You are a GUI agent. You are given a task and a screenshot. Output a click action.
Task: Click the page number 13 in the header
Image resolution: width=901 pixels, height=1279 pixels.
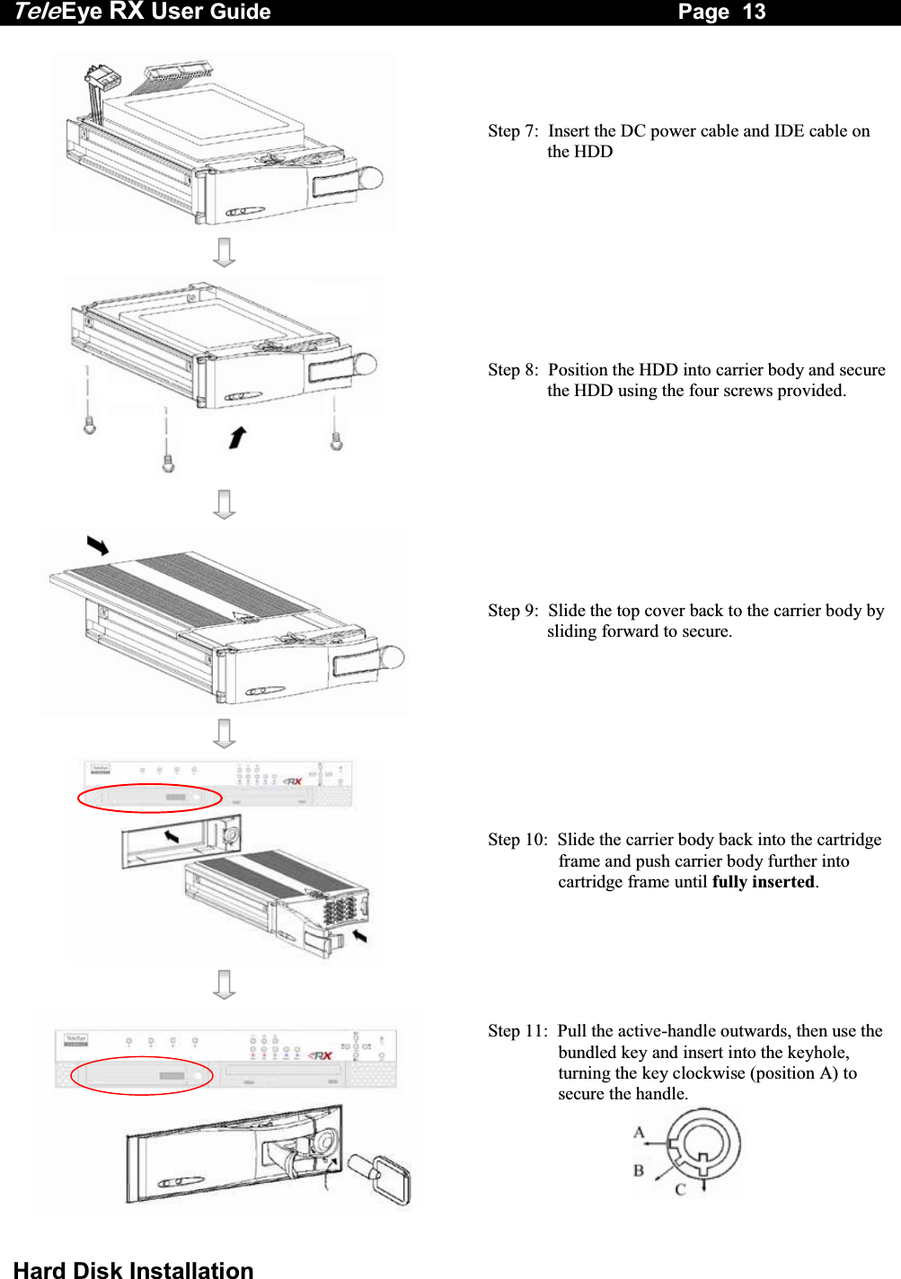coord(754,12)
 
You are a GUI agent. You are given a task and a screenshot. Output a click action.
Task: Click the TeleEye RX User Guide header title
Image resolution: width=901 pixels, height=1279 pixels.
coord(142,12)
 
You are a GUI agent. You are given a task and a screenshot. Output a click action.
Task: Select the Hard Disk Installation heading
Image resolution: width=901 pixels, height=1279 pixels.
coord(133,1268)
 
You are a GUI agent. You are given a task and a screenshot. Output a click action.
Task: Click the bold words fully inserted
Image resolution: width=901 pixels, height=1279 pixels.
coord(763,882)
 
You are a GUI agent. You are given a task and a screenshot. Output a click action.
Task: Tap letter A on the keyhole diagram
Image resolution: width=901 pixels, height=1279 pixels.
coord(639,1133)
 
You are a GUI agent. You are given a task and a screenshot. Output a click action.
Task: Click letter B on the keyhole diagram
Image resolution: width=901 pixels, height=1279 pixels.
coord(639,1170)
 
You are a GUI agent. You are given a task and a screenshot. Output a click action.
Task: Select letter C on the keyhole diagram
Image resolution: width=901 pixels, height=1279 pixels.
coord(680,1189)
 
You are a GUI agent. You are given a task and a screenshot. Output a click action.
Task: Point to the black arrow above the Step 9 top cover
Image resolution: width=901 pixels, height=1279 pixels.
coord(98,545)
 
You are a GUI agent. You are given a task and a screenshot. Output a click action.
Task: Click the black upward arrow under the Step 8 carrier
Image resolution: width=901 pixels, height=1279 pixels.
coord(236,437)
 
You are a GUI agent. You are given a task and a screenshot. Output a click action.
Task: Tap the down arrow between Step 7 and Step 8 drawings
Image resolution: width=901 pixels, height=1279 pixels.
coord(225,251)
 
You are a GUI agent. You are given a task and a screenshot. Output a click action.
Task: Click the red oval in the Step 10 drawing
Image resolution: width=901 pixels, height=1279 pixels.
coord(149,798)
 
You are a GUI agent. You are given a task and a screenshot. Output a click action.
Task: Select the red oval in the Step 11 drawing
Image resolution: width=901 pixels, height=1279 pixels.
coord(142,1075)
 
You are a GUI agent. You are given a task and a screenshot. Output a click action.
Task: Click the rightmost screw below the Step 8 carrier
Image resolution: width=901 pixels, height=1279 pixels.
coord(336,441)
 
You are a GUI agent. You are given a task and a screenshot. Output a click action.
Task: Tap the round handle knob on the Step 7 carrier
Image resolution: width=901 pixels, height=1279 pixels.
coord(370,178)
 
